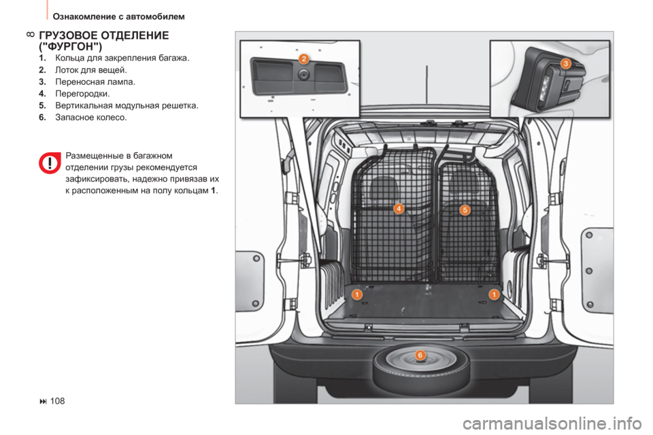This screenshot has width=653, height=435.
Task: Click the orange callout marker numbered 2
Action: pos(304,58)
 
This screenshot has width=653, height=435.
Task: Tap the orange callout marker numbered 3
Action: pos(565,64)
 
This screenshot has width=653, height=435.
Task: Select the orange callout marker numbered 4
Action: pos(399,208)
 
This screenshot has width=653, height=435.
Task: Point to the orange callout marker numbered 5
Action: pos(465,210)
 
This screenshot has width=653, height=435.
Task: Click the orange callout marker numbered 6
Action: pos(420,355)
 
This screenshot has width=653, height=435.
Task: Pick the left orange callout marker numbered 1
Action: pos(357,294)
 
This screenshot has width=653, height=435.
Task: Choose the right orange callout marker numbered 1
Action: pos(494,294)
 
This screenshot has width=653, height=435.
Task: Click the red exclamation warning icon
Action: pos(50,162)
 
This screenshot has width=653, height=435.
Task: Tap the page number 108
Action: pos(57,401)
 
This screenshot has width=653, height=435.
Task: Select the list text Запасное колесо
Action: pos(90,118)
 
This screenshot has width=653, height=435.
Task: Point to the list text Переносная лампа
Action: pos(95,82)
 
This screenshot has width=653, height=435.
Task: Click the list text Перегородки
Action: pos(82,94)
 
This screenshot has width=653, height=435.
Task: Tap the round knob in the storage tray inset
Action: pos(303,75)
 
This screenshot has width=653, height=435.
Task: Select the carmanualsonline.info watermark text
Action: pos(552,423)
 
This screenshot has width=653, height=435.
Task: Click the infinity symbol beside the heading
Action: pos(31,35)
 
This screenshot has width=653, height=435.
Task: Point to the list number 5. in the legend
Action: pos(42,105)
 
